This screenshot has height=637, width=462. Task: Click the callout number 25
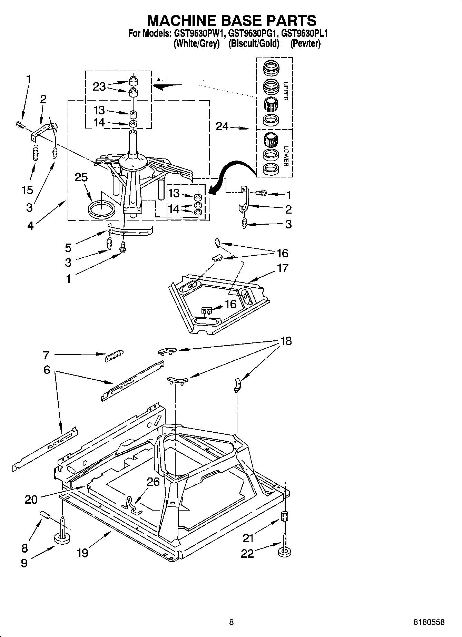pyautogui.click(x=81, y=177)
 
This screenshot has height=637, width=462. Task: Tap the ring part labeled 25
pyautogui.click(x=101, y=209)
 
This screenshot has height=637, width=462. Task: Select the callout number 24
pyautogui.click(x=222, y=127)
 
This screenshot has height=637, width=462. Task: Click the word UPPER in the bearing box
pyautogui.click(x=285, y=91)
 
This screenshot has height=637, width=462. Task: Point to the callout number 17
pyautogui.click(x=282, y=268)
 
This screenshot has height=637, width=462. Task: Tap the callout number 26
pyautogui.click(x=153, y=482)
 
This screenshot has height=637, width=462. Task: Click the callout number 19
pyautogui.click(x=82, y=553)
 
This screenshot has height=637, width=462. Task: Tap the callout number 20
pyautogui.click(x=31, y=499)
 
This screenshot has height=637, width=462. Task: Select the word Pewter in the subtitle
pyautogui.click(x=305, y=44)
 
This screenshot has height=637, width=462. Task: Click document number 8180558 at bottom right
pyautogui.click(x=429, y=622)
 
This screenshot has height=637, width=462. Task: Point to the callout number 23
pyautogui.click(x=99, y=86)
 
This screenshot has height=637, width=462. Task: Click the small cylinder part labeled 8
pyautogui.click(x=46, y=515)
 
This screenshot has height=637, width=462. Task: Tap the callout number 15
pyautogui.click(x=28, y=190)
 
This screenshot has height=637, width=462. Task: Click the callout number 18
pyautogui.click(x=286, y=341)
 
